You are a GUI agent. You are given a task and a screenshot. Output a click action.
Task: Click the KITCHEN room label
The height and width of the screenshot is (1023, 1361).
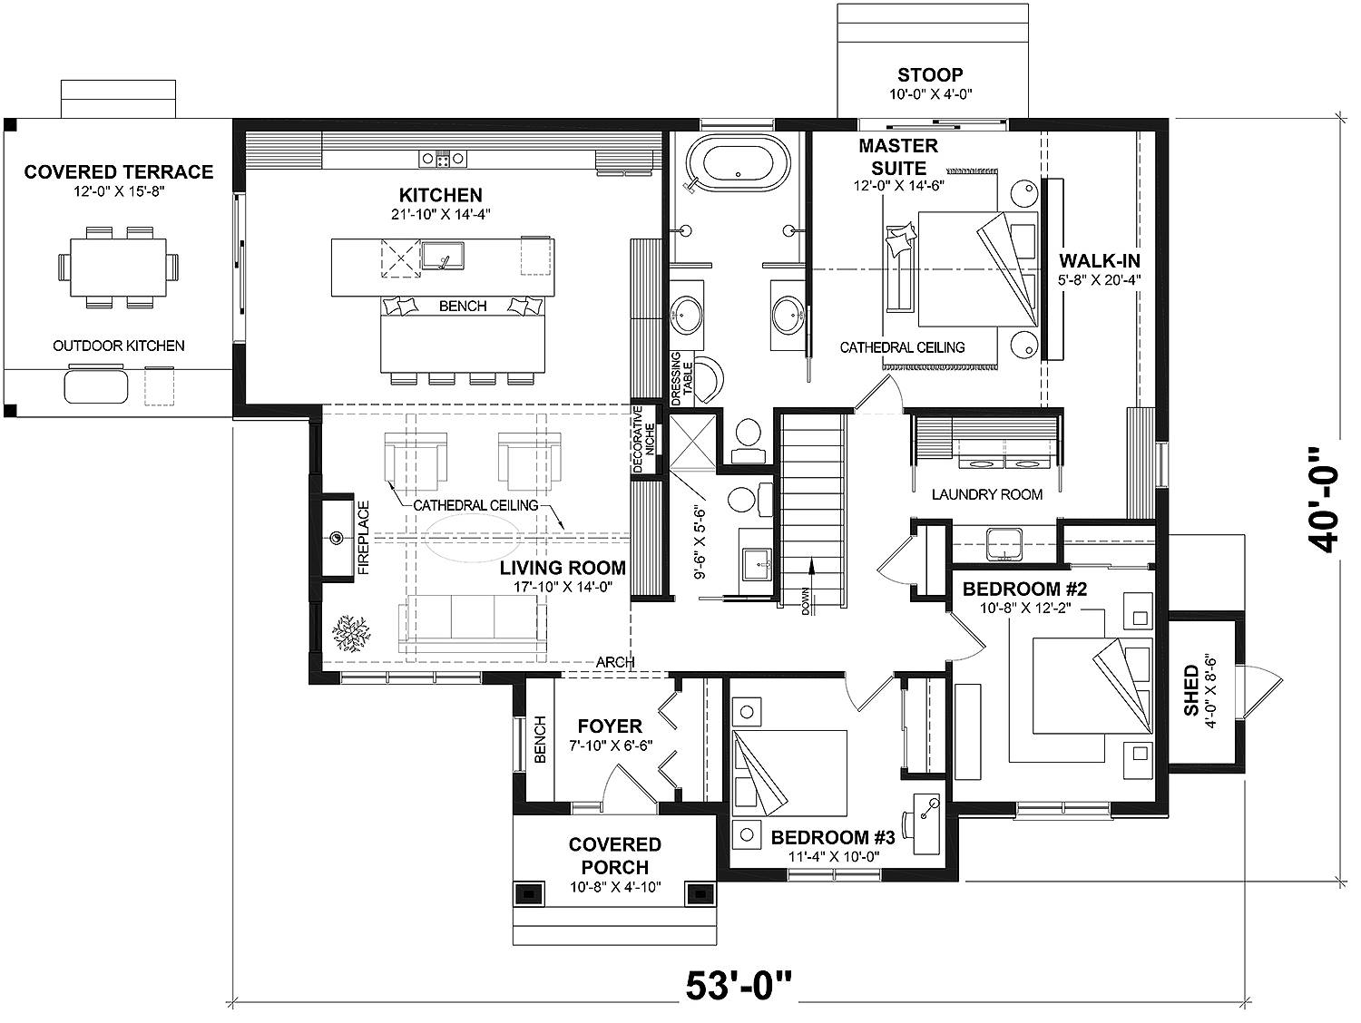click(440, 195)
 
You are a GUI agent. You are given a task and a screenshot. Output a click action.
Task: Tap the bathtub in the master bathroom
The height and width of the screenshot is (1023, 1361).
click(739, 162)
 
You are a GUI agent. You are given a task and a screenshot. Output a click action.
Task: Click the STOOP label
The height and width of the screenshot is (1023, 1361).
click(930, 75)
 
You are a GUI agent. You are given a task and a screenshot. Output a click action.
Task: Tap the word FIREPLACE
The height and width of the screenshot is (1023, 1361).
click(364, 538)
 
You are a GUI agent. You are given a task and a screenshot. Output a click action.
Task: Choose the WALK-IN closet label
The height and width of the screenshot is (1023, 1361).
click(1100, 260)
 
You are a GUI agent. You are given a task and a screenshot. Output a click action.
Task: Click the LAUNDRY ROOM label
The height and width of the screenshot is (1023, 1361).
click(987, 494)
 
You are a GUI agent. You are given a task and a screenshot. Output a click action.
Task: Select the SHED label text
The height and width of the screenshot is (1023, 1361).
click(1191, 690)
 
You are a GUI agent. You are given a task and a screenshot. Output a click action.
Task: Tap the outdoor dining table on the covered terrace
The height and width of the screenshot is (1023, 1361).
click(119, 267)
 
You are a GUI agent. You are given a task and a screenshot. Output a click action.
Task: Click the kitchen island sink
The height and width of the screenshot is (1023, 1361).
click(443, 256)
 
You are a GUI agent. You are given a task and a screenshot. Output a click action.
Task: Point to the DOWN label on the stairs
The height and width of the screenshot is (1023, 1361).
click(806, 601)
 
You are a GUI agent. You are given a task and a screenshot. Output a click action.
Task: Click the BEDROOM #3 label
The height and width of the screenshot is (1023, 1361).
click(833, 838)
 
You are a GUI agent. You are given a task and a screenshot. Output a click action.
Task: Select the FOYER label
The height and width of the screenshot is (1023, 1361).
click(610, 726)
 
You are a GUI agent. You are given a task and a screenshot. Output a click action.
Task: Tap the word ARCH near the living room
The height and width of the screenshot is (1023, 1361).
click(615, 662)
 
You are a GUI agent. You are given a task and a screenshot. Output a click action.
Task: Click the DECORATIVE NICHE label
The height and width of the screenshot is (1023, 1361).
click(643, 440)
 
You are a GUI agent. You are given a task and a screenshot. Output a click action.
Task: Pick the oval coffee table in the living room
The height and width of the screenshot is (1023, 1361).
click(473, 539)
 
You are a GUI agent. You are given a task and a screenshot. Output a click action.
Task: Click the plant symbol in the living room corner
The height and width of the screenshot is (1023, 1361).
click(351, 633)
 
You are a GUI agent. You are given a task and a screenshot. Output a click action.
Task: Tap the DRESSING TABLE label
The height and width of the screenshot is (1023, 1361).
click(681, 378)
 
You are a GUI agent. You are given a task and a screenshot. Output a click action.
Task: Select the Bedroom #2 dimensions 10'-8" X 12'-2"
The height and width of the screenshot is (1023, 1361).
click(1025, 609)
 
